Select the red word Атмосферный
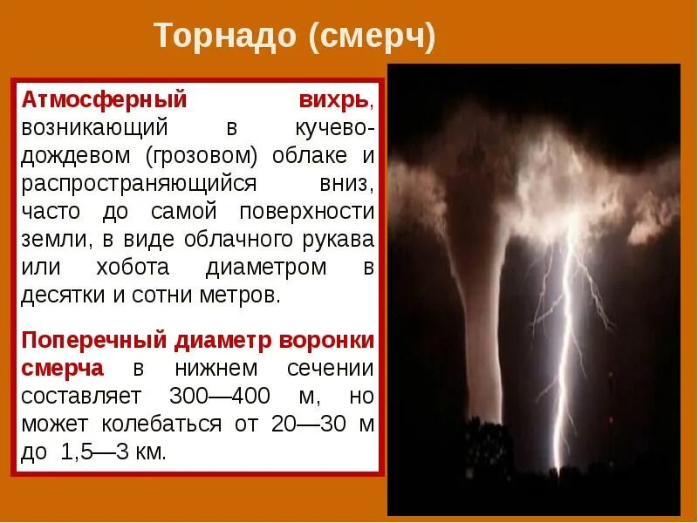[x=105, y=100]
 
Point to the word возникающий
[x=94, y=128]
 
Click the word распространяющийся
[x=140, y=184]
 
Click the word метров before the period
[x=242, y=295]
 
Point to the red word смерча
[x=63, y=367]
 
